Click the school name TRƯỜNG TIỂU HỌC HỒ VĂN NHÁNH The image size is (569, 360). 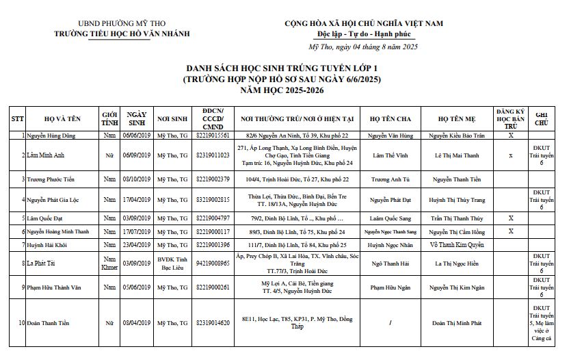pos(122,34)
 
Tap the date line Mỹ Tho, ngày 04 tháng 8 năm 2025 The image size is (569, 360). pos(363,47)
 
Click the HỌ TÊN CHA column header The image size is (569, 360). pos(389,118)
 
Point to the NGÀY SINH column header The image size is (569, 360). pos(137,118)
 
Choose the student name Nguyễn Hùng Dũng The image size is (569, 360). pos(53,136)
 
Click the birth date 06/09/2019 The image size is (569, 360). pos(137,155)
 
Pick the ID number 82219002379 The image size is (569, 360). pos(213,179)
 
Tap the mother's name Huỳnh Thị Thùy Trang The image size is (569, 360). pos(457,200)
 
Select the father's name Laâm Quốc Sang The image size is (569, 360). pos(389,218)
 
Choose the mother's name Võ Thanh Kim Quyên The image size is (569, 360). pos(457,244)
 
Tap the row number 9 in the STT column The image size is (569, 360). pos(23,287)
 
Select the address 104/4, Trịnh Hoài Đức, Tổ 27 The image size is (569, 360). pos(297,179)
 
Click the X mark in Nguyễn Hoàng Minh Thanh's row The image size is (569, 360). pos(511,231)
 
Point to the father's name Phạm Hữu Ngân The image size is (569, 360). pos(389,287)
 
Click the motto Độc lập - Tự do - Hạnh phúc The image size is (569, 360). pos(363,34)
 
